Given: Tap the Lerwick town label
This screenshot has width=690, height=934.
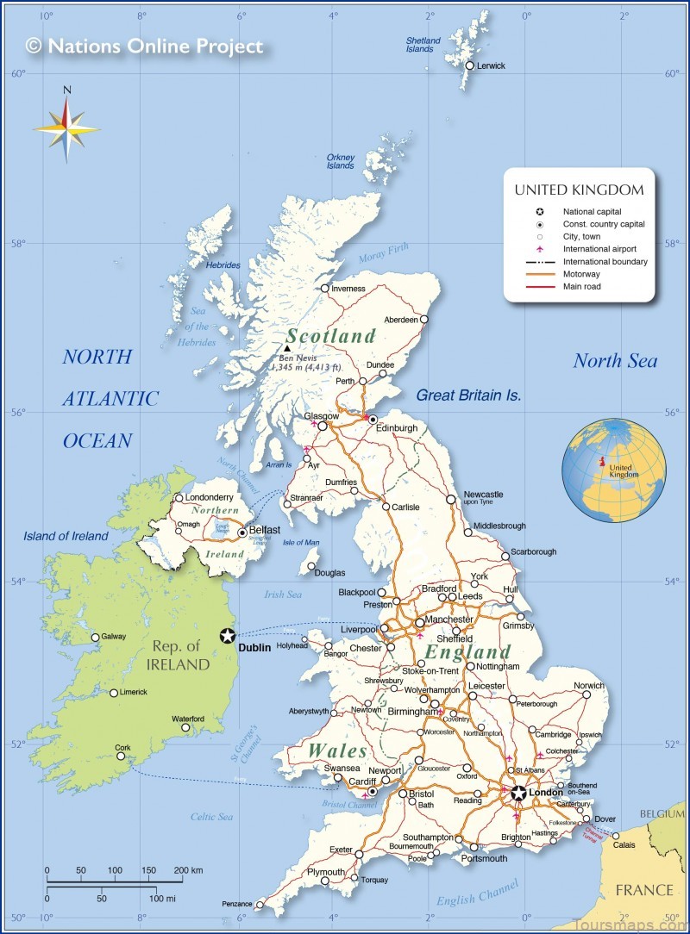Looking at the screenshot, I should (490, 65).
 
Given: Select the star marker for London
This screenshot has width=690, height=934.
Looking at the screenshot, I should (517, 792).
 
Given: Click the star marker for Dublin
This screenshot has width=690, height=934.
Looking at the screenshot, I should (227, 635).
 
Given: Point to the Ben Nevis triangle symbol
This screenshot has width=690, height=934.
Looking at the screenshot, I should (287, 349).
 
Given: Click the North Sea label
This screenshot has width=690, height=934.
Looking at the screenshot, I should (615, 361).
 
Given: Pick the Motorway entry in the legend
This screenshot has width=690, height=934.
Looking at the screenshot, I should (581, 274).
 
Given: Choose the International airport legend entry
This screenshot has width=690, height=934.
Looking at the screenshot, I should (599, 249).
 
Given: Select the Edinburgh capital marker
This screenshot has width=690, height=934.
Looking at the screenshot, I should (373, 420).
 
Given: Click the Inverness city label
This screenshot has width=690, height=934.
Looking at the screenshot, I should (348, 289).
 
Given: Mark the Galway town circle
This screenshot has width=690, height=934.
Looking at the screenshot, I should (96, 638).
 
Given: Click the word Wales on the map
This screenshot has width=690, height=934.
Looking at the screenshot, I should (337, 750).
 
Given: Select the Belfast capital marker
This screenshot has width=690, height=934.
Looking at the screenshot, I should (242, 532).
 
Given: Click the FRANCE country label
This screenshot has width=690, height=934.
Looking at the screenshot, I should (643, 890).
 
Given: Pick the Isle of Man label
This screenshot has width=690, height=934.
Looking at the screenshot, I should (300, 542).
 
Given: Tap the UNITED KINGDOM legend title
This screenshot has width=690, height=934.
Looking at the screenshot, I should (579, 190).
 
